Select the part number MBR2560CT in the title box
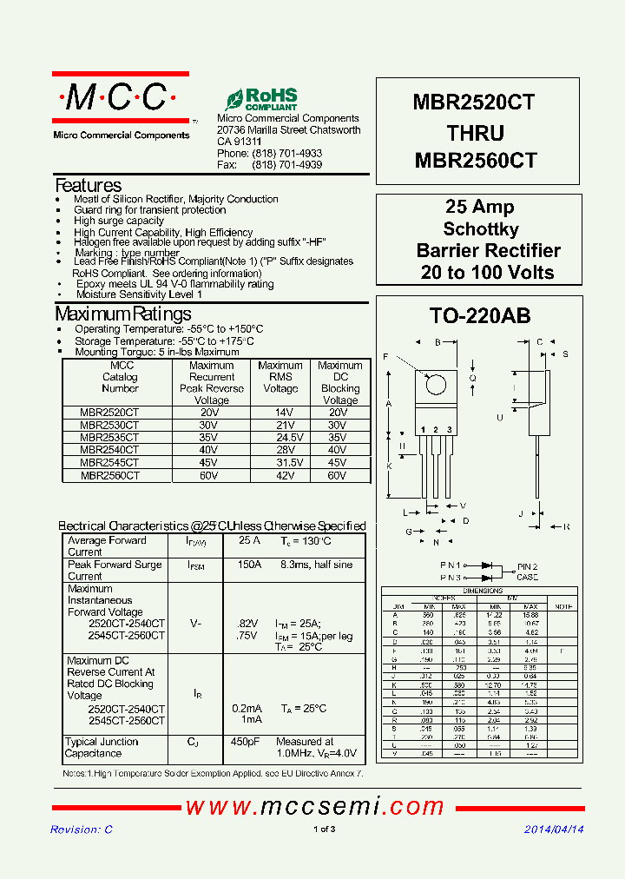point(476,161)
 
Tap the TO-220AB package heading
point(479,316)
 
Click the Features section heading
point(88,185)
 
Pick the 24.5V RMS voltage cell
point(280,438)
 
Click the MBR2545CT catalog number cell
point(109,463)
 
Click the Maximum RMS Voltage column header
point(280,377)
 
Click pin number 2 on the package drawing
point(437,430)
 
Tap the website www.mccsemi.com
point(315,807)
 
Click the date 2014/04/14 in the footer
point(554,829)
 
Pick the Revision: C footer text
point(82,829)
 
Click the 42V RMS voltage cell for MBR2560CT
point(280,476)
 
